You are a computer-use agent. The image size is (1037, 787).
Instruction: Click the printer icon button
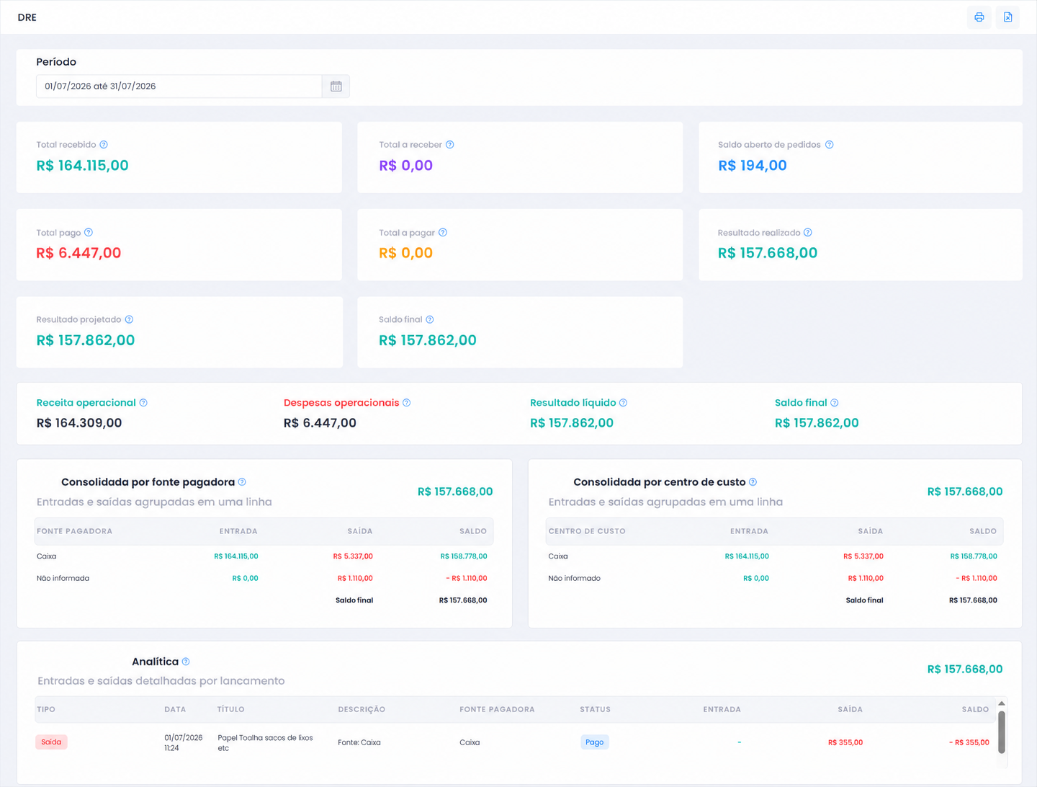(979, 17)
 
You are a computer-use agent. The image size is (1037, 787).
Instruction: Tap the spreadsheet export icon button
(1007, 17)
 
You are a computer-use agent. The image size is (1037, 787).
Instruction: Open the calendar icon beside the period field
(336, 86)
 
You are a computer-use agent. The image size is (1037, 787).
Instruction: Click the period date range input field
(179, 86)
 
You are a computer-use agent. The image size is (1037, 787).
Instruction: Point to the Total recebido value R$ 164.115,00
(82, 166)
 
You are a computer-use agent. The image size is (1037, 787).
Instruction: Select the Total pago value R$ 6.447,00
(78, 253)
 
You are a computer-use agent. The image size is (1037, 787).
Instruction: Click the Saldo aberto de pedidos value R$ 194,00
(752, 166)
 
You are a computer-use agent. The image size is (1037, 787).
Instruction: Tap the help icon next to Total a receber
(450, 145)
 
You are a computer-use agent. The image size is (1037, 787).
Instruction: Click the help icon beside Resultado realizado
(808, 232)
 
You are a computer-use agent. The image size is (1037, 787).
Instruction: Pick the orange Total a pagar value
(406, 253)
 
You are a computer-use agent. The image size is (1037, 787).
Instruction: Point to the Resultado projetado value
(86, 340)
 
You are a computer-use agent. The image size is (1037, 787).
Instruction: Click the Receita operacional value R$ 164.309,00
(79, 422)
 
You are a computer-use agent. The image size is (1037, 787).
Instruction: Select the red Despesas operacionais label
(341, 403)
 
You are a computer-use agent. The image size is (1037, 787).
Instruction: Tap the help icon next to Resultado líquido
(623, 403)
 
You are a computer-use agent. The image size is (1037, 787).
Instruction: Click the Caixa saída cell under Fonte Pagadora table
(353, 556)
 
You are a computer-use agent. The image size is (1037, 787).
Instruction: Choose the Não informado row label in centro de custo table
(574, 578)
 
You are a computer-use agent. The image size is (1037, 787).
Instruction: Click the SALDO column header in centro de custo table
(983, 531)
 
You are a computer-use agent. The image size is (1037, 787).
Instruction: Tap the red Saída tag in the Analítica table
(51, 742)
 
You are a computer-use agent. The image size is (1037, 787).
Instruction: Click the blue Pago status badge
(594, 742)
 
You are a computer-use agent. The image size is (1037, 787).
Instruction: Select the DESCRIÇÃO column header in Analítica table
(362, 709)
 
